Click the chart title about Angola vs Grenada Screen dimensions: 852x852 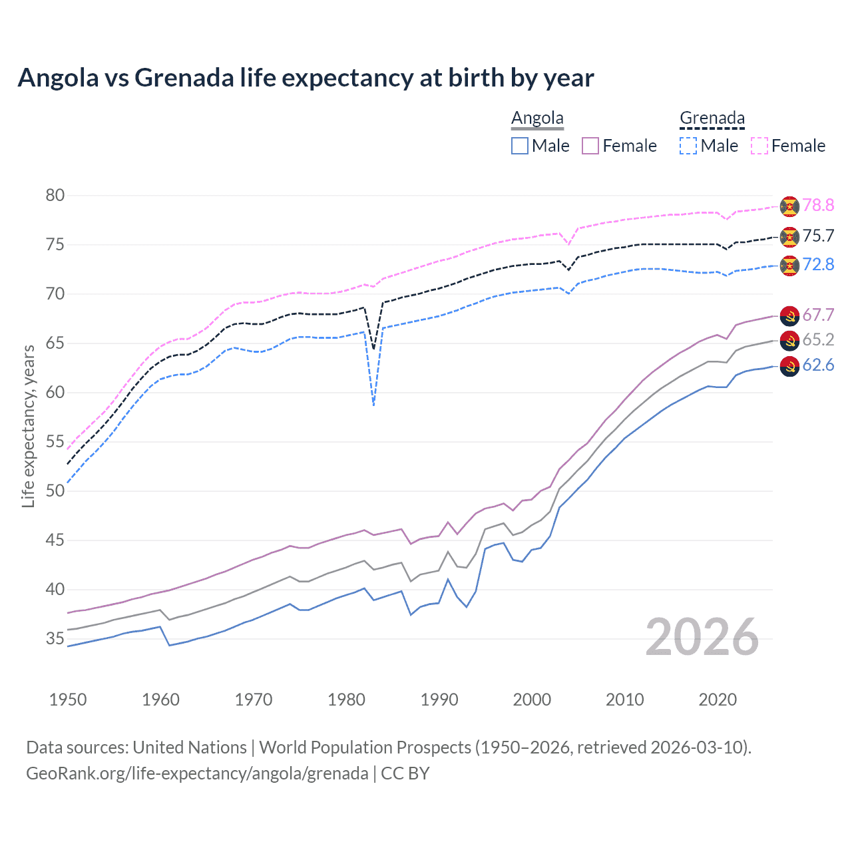point(306,78)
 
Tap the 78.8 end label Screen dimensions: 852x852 point(818,205)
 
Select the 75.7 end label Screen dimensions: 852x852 point(818,236)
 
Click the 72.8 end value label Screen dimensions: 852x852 point(818,264)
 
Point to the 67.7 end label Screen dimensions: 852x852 point(818,315)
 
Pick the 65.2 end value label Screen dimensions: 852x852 point(818,339)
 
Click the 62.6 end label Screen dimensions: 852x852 point(818,365)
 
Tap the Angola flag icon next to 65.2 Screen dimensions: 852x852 point(789,341)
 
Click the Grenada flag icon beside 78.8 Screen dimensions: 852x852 point(789,206)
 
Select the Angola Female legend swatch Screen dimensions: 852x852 point(590,146)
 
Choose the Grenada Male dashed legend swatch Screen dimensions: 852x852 point(688,146)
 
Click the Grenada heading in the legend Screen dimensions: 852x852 point(712,118)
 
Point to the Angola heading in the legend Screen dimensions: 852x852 point(537,118)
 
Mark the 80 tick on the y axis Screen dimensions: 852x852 point(55,195)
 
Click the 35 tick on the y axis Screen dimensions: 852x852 point(55,639)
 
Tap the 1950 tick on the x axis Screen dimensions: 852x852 point(68,700)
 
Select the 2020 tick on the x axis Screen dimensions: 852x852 point(718,700)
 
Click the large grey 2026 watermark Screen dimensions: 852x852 point(702,637)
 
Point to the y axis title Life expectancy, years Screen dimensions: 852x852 point(28,426)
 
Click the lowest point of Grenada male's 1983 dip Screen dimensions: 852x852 point(374,405)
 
